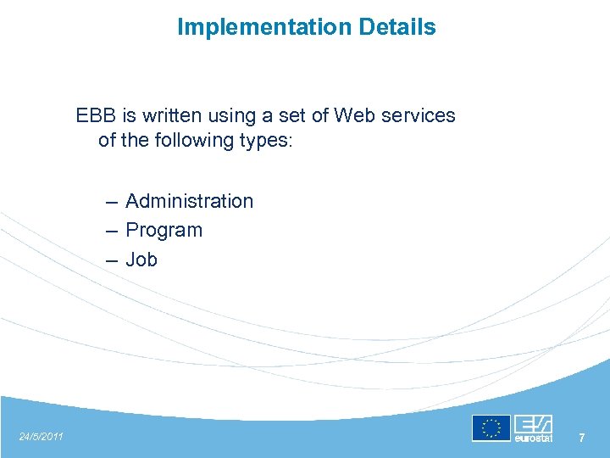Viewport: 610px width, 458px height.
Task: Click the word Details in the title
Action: [x=397, y=27]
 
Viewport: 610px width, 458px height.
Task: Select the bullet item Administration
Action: [x=189, y=201]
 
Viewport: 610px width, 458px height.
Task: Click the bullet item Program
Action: [x=164, y=230]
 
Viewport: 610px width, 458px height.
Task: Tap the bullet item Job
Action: [x=141, y=260]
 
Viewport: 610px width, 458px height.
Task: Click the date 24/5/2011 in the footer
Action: [x=41, y=436]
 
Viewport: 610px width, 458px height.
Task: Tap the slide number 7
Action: [x=581, y=438]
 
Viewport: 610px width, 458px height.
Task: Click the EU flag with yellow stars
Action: [x=491, y=428]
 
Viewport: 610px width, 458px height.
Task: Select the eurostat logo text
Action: [x=533, y=438]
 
